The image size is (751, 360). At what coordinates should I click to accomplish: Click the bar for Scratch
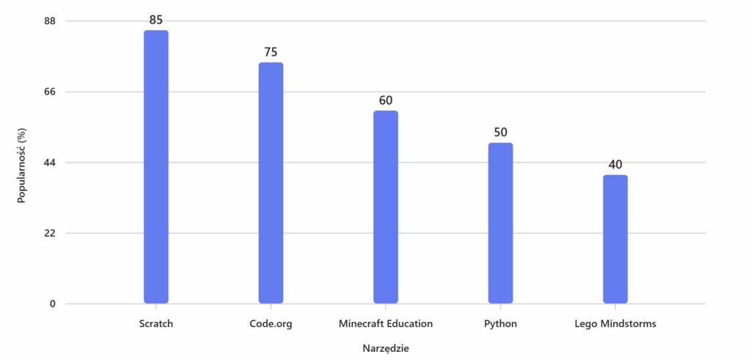click(156, 167)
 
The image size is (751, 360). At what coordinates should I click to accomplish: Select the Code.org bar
click(271, 183)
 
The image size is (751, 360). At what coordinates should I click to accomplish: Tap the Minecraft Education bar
click(386, 207)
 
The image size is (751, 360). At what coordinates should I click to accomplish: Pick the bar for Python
click(500, 223)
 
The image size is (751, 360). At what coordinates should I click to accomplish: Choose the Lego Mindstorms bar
click(615, 239)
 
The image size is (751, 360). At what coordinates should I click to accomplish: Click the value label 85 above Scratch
click(156, 20)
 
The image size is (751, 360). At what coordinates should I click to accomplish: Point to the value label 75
click(271, 52)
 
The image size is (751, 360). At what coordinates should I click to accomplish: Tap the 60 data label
click(386, 100)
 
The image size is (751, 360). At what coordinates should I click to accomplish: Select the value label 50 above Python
click(500, 133)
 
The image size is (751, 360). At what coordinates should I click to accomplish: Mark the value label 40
click(615, 164)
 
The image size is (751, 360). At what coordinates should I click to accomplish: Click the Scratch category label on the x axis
click(156, 323)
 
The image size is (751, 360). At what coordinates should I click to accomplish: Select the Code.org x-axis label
click(271, 323)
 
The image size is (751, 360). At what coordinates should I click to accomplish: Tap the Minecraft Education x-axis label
click(386, 323)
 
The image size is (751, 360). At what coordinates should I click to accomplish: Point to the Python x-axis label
click(500, 323)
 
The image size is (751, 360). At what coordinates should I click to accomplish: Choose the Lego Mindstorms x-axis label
click(615, 323)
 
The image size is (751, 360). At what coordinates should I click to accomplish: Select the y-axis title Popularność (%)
click(22, 165)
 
